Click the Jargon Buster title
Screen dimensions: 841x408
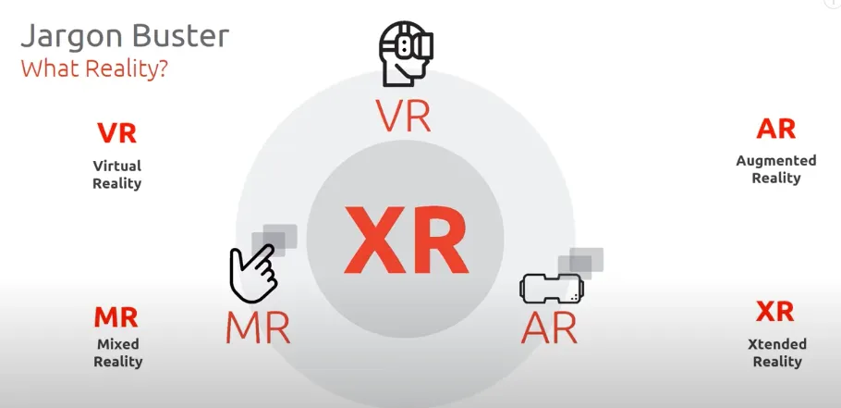124,38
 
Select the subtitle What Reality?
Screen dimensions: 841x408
93,69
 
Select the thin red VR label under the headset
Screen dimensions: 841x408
404,115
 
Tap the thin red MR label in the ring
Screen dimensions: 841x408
258,328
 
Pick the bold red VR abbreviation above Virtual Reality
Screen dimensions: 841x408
117,133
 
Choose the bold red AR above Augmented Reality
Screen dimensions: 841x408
775,130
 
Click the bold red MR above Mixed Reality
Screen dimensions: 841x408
116,317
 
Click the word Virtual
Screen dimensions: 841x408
117,167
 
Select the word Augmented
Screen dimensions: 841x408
776,161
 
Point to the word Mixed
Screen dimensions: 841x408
117,345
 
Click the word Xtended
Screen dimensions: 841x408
776,344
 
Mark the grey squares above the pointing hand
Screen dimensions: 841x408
277,237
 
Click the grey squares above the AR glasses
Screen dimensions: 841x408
585,260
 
